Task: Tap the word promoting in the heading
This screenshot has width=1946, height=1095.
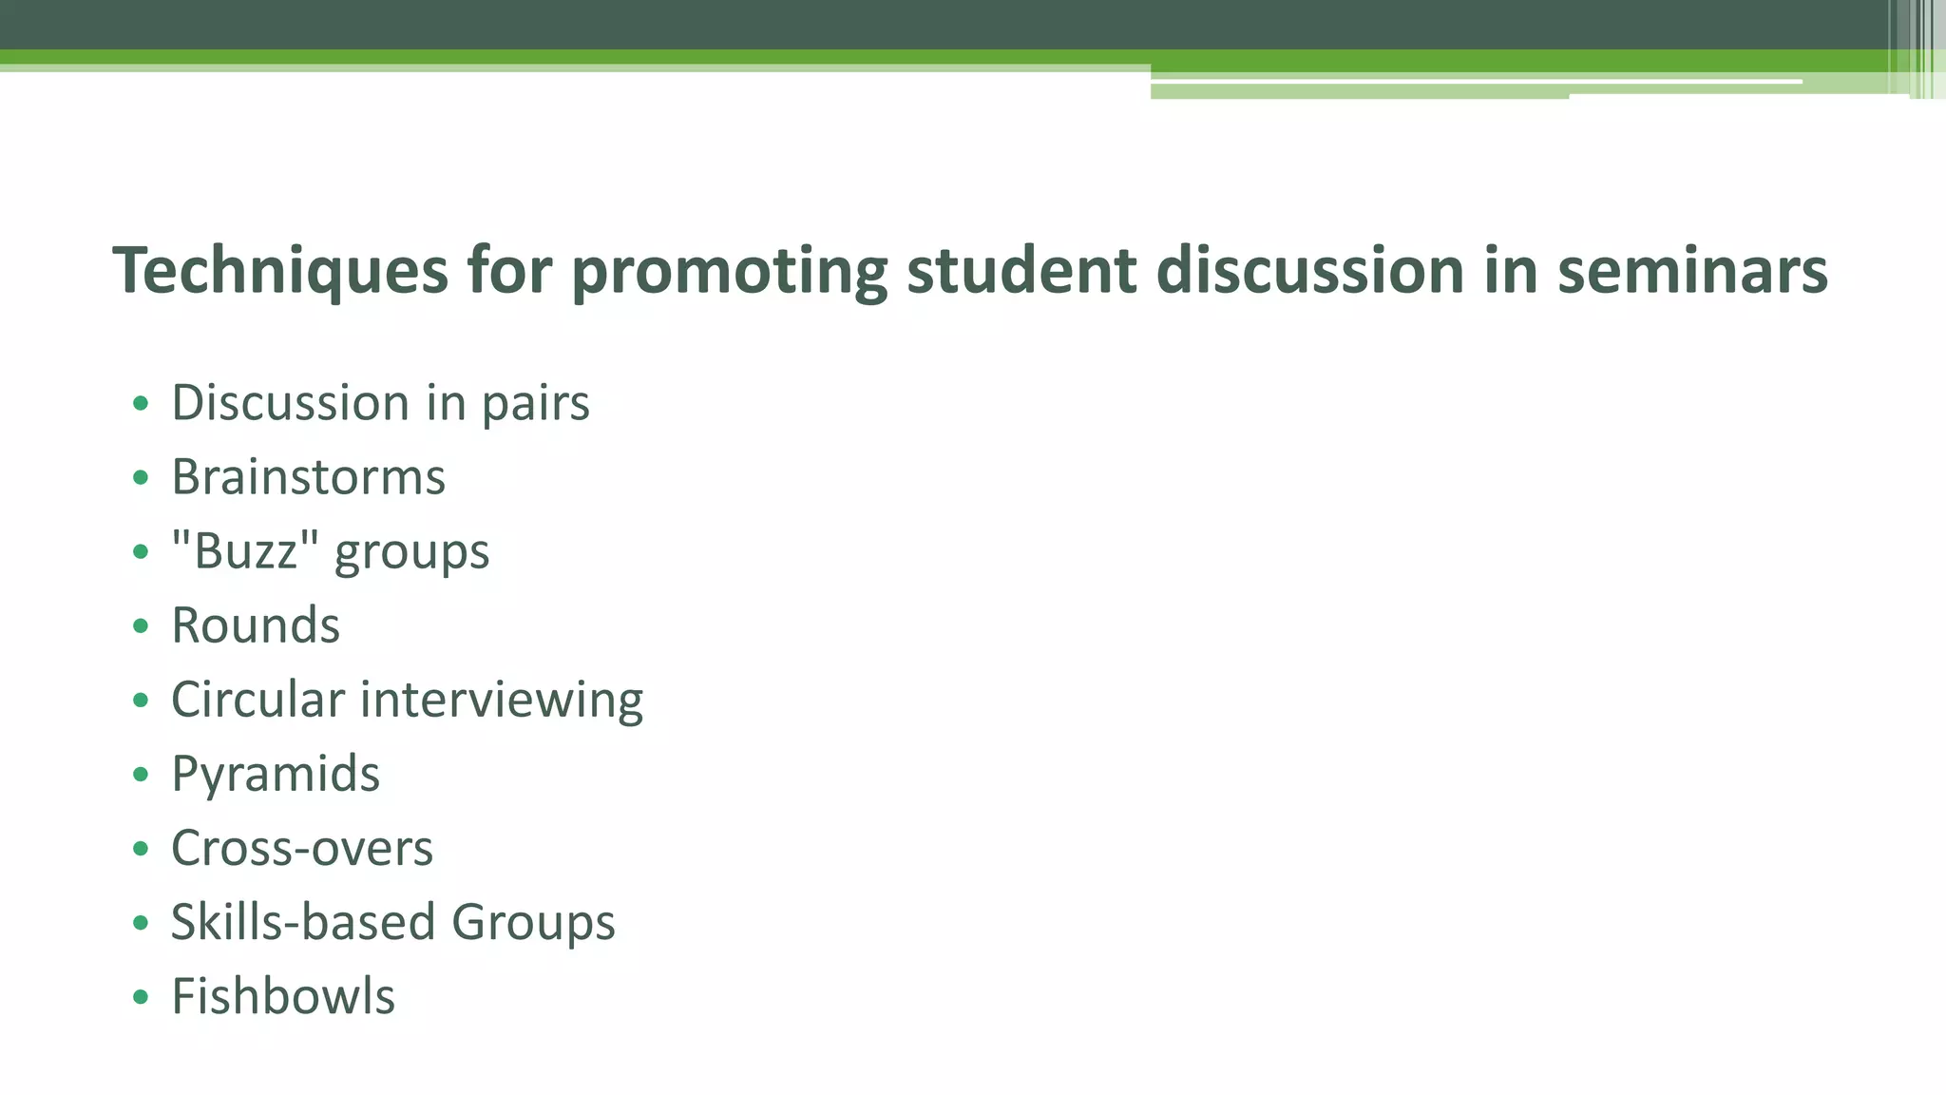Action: tap(729, 271)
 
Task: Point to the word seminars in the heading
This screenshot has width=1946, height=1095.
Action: tap(1692, 271)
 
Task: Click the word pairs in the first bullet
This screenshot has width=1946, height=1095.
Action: tap(535, 404)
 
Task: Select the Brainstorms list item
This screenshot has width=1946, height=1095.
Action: tap(308, 476)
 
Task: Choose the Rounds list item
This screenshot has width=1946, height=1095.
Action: tap(256, 625)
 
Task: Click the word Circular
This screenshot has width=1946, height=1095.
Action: tap(258, 700)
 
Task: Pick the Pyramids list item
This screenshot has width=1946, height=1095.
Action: tap(276, 775)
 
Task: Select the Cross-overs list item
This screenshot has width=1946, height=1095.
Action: tap(302, 848)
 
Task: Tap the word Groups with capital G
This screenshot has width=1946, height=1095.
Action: tap(533, 922)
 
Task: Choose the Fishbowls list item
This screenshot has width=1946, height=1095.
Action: tap(283, 996)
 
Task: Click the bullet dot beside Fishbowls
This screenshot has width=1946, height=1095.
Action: tap(142, 997)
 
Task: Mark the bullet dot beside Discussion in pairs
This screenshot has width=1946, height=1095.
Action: tap(142, 404)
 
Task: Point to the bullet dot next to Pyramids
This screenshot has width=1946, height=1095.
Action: tap(142, 775)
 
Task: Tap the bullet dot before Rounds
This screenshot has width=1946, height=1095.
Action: tap(142, 626)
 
